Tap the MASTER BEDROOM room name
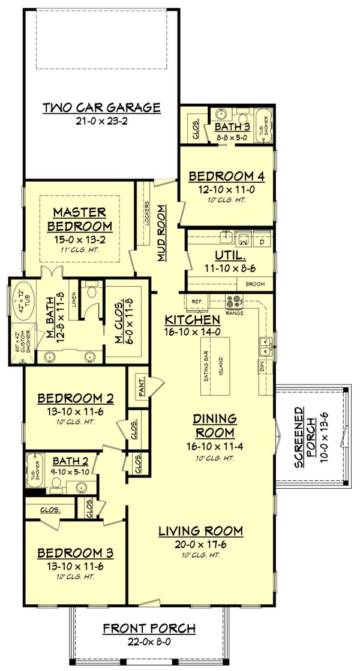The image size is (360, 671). coord(79,219)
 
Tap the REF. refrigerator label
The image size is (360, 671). coord(196,301)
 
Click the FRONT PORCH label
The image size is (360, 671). coord(149,628)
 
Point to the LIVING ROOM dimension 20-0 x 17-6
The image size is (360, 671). coord(200,543)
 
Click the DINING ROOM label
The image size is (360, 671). coord(215,425)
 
